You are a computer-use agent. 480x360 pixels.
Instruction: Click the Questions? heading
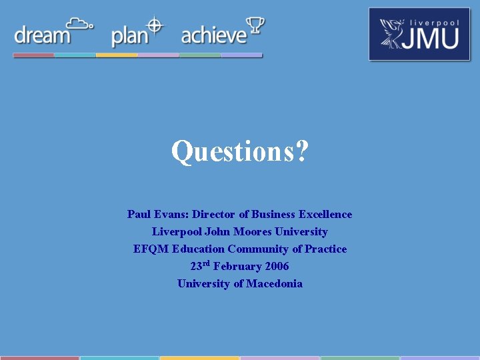[x=240, y=152]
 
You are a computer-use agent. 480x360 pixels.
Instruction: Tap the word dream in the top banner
[x=42, y=35]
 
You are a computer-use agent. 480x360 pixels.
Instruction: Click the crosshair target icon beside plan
[x=155, y=25]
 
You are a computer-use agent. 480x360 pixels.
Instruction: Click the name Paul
[x=139, y=214]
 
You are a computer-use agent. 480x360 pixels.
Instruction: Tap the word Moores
[x=252, y=231]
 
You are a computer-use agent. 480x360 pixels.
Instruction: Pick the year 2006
[x=277, y=266]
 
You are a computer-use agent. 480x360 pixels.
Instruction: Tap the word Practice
[x=326, y=249]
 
